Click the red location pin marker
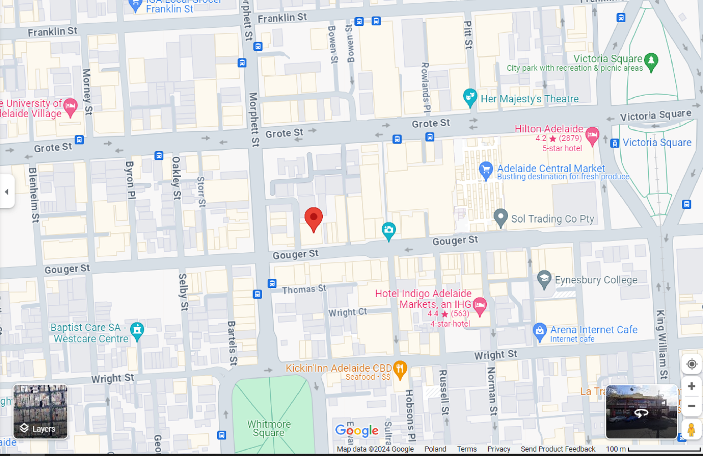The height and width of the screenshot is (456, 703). [313, 217]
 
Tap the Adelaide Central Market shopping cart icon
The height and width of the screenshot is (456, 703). [486, 170]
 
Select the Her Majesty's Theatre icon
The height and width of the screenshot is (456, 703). [470, 97]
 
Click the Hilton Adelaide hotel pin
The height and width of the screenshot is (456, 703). [592, 135]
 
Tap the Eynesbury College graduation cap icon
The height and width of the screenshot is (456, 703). [544, 279]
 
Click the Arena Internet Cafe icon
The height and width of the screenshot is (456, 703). [539, 331]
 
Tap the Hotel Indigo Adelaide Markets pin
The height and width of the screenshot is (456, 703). [480, 305]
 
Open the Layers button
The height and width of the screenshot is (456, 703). [40, 411]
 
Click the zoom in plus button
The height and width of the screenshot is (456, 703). [691, 386]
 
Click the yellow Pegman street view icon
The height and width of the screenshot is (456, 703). [691, 429]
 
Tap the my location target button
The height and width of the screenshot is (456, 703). [691, 364]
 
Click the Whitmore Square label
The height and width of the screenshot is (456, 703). [269, 429]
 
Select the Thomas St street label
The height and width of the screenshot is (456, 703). [304, 290]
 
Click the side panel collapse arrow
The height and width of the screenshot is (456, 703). [7, 192]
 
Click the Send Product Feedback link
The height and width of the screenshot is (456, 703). [558, 449]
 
